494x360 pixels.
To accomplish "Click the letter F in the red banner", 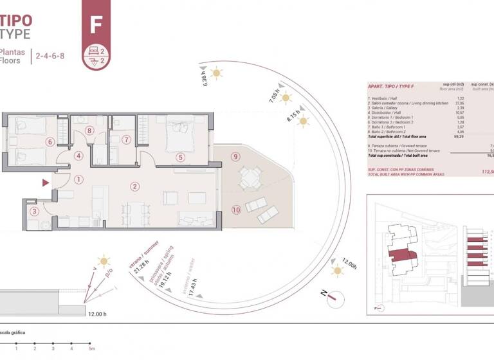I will point(96,24).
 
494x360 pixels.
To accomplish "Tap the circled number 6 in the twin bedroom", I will point(49,142).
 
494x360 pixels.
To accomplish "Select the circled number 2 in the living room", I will point(134,187).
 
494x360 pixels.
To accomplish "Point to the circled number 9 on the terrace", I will point(236,156).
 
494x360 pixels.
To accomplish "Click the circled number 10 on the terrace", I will point(236,209).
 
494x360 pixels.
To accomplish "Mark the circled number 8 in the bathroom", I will point(90,130).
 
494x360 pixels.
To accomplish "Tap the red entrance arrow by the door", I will point(46,183).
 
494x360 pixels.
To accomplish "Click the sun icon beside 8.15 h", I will point(302,121).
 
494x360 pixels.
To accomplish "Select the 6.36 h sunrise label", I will point(203,78).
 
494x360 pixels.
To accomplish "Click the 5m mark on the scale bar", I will point(93,348).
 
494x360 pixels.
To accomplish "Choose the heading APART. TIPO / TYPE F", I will point(390,86).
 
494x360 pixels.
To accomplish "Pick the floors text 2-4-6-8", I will point(50,56).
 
